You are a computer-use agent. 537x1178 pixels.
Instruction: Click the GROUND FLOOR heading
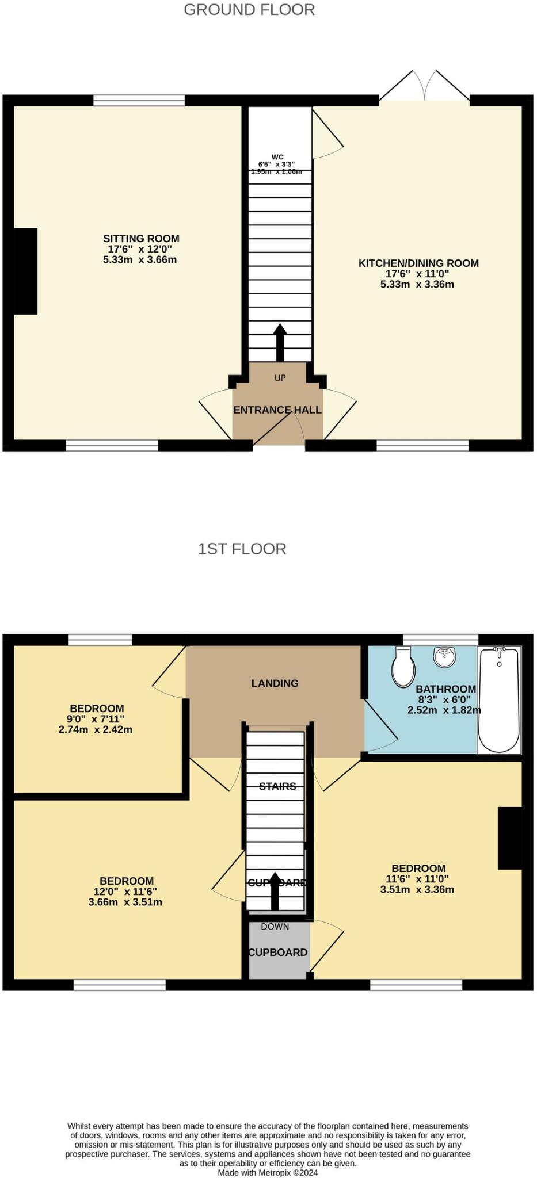tap(249, 10)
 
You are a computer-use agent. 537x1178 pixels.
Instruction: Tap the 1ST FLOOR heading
tap(242, 549)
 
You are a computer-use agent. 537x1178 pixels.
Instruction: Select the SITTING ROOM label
tap(141, 239)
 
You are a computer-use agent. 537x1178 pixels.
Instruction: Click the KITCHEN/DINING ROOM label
tap(418, 263)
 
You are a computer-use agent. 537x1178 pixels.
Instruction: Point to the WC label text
tap(277, 157)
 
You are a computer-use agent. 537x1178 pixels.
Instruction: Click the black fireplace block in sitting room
tap(26, 271)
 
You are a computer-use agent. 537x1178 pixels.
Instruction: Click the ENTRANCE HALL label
tap(277, 410)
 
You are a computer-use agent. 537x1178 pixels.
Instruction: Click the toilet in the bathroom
tap(403, 667)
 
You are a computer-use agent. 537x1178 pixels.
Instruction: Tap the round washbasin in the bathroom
tap(444, 657)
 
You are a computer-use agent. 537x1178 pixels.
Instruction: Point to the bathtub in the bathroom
tap(499, 699)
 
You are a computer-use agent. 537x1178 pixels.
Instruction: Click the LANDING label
tap(275, 683)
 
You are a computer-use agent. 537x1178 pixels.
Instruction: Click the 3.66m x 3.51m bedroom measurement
tap(125, 902)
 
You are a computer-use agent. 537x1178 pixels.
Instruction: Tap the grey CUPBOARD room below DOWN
tap(279, 952)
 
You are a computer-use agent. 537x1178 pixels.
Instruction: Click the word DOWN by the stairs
tap(275, 927)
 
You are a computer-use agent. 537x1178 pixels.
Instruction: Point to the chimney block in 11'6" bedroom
tap(509, 837)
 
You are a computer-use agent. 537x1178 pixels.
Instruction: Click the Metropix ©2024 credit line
tap(268, 1172)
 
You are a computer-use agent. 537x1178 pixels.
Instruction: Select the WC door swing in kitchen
tap(326, 136)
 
